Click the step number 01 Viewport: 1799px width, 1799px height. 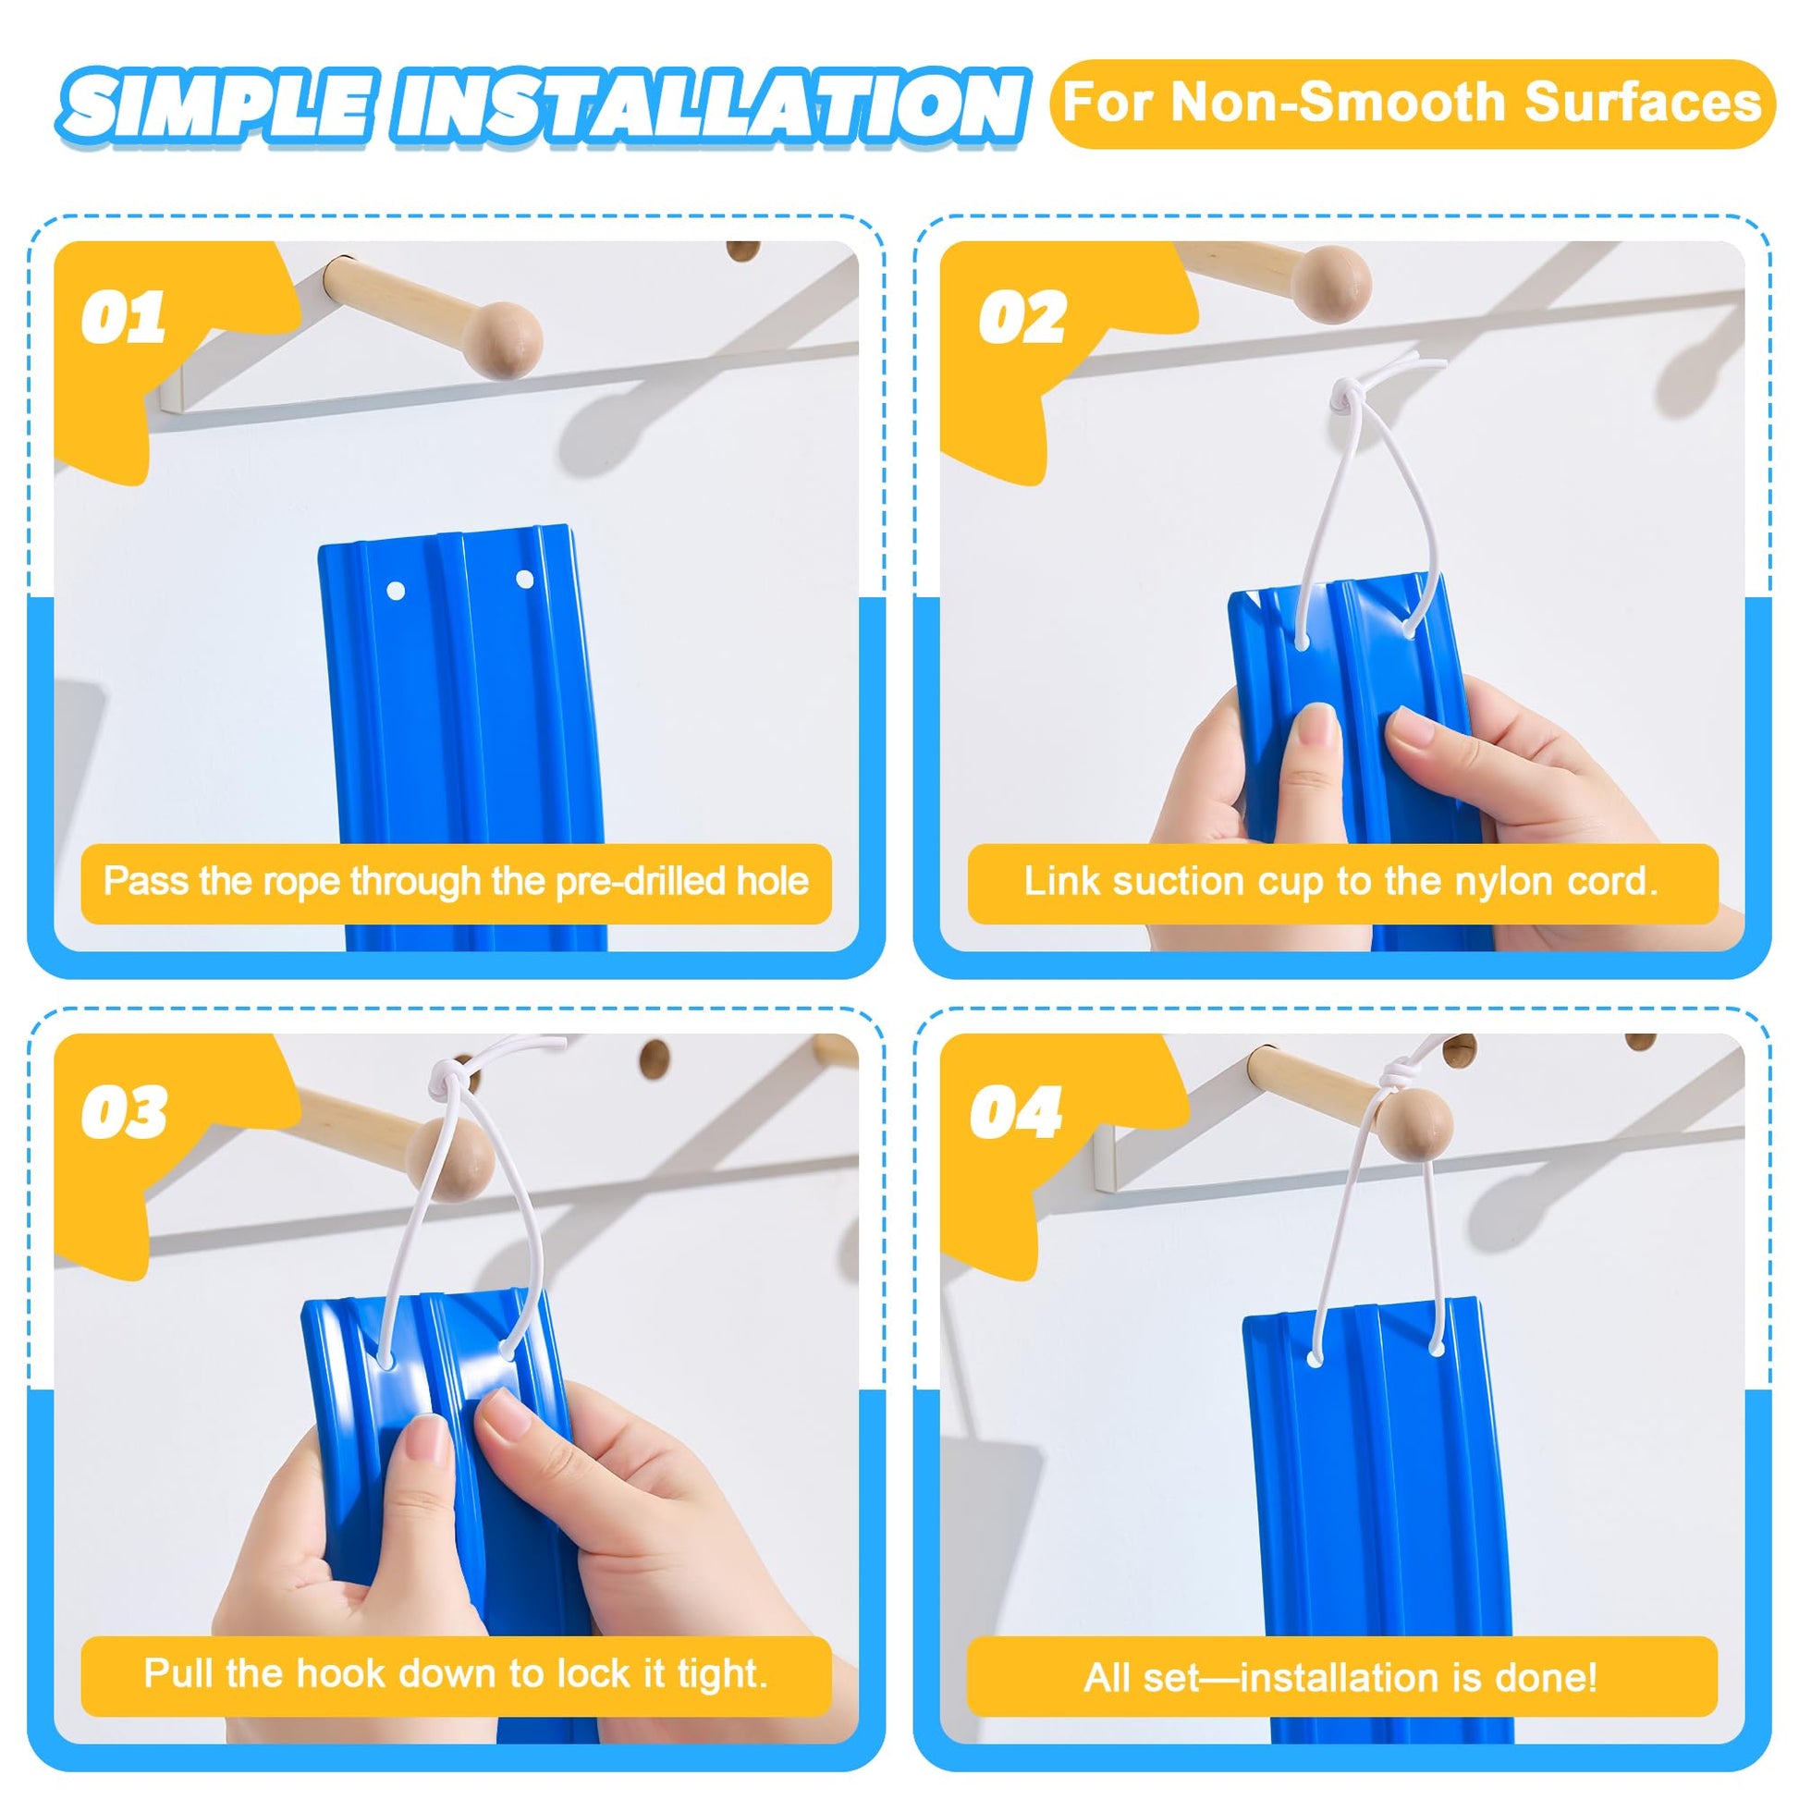click(123, 317)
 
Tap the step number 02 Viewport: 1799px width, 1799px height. click(1022, 317)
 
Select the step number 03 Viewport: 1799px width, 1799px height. click(124, 1111)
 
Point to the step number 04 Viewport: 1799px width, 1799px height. click(1016, 1111)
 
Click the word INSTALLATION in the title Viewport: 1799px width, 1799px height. click(708, 104)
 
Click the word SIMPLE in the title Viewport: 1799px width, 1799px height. click(218, 104)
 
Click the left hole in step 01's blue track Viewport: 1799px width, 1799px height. click(395, 591)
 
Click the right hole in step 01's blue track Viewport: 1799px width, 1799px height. click(524, 581)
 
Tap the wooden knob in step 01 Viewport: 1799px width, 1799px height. click(505, 340)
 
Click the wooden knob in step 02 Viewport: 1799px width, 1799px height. click(1334, 277)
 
